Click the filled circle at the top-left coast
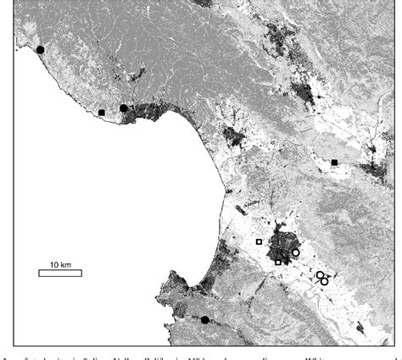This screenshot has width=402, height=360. (x=40, y=50)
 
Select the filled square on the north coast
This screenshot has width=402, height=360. (x=102, y=113)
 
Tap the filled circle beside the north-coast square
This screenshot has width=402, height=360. (x=124, y=108)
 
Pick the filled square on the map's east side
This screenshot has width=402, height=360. (x=335, y=162)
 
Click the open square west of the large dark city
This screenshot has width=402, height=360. (x=259, y=241)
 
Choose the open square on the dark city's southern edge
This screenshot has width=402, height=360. (x=278, y=262)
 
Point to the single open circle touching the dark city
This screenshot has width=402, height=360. (x=296, y=252)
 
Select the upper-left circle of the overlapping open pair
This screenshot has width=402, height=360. (x=320, y=275)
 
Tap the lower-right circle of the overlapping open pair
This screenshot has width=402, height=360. (x=325, y=280)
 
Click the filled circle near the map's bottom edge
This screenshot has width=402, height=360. (x=204, y=319)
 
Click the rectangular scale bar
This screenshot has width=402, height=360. (x=59, y=273)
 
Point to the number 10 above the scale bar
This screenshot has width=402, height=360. (x=52, y=263)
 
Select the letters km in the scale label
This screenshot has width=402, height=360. (x=66, y=263)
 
